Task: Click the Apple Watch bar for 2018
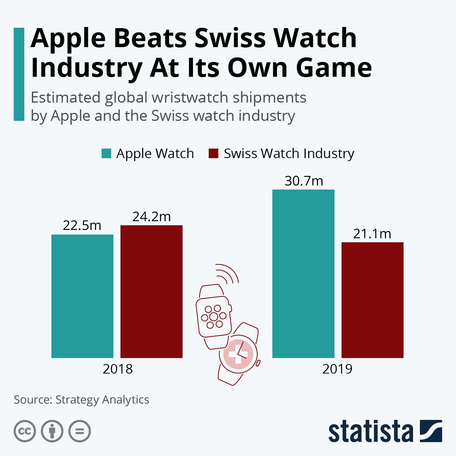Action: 82,296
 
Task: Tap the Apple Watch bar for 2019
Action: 303,274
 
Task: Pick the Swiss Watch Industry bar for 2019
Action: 372,300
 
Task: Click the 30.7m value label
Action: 304,181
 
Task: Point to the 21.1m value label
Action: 372,234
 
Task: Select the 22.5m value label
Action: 82,225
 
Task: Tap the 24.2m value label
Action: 151,217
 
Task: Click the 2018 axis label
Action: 117,369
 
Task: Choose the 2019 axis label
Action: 337,369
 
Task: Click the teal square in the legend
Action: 106,154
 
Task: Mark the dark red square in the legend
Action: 214,154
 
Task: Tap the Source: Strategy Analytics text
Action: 81,400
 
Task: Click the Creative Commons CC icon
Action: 25,431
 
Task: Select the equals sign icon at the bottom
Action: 79,431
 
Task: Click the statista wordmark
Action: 370,432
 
